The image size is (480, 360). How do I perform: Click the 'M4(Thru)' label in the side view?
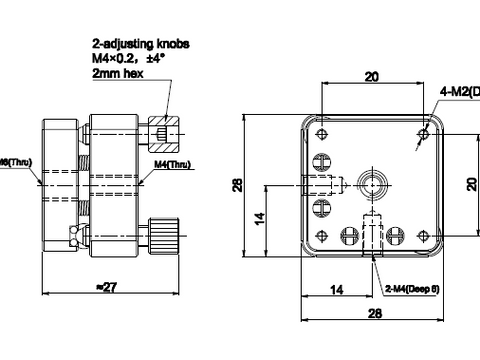(x=173, y=165)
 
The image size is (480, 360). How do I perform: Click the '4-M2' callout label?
(x=459, y=92)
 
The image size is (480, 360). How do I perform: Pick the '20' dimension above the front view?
(x=370, y=76)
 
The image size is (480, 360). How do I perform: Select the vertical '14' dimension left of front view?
(x=258, y=217)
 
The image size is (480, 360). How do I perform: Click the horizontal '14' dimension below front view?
(x=336, y=289)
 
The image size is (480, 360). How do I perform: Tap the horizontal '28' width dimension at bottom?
(x=372, y=314)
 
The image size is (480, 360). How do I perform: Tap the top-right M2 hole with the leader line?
(x=425, y=131)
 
